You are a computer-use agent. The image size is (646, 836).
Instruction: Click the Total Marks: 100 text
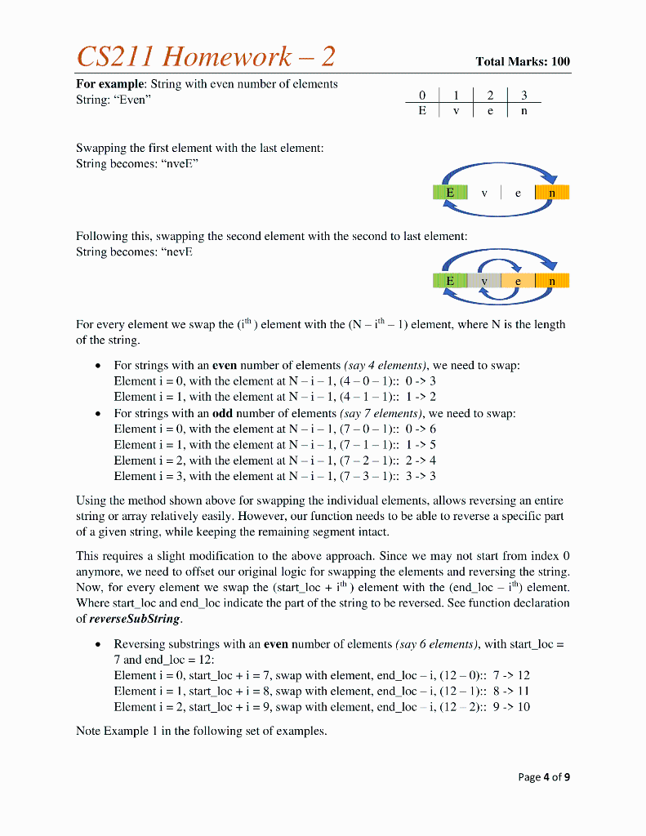coord(523,61)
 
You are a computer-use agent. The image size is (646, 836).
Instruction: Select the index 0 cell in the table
coord(421,95)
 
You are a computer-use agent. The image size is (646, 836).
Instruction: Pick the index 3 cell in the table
coord(523,95)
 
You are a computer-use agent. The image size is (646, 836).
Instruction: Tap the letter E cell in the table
coord(421,110)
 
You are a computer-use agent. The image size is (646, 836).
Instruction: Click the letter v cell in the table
coord(456,110)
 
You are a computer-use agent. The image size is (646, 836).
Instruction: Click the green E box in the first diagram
coord(450,193)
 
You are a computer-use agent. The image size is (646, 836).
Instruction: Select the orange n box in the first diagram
coord(552,193)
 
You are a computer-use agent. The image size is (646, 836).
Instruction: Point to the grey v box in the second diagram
coord(484,281)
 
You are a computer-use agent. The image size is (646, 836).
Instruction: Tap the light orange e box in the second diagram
coord(517,281)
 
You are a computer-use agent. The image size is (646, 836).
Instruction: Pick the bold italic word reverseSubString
coord(134,618)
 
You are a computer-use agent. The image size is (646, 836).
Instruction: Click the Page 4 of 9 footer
coord(544,776)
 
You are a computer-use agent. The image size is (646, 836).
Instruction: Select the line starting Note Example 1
coord(201,731)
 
